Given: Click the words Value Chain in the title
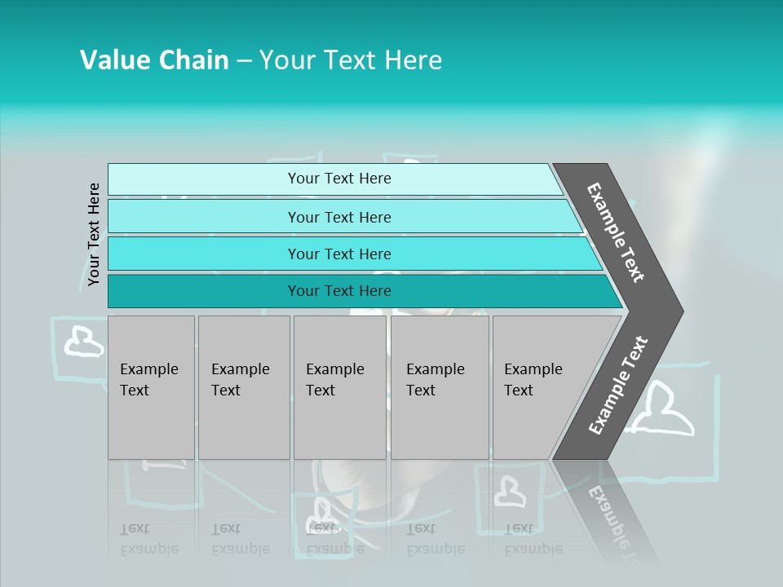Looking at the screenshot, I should coord(154,60).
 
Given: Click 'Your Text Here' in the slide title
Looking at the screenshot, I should coord(351,60).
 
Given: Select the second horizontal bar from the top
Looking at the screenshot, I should coord(338,217).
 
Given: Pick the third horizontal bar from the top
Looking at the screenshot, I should coord(338,254).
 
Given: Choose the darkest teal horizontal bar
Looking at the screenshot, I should coord(338,291).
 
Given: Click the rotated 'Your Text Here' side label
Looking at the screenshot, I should coord(94,234).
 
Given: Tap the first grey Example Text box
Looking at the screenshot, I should coord(151,386).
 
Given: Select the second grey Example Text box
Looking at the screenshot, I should coord(243,386).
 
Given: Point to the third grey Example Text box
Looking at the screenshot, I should coord(338,386).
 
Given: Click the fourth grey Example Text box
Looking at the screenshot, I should coord(439,386).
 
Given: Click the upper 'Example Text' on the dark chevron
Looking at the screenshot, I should coord(616,232).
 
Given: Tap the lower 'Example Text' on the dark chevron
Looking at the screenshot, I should coord(618,385).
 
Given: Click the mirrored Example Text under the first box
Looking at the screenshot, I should coord(149,539).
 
